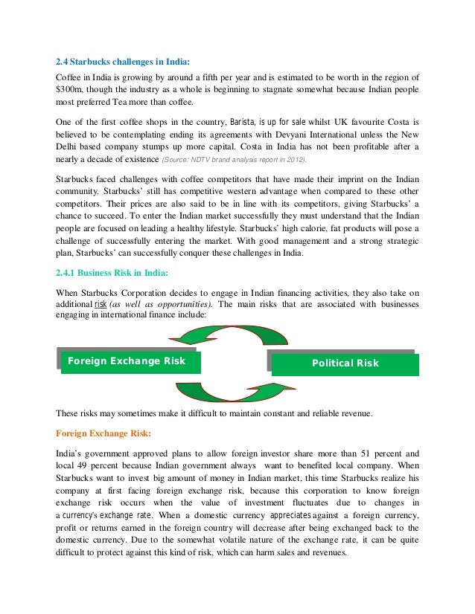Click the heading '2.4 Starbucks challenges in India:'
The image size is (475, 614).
123,62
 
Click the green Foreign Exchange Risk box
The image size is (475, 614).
126,361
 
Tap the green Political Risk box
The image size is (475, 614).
345,363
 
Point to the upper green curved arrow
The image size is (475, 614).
230,336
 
